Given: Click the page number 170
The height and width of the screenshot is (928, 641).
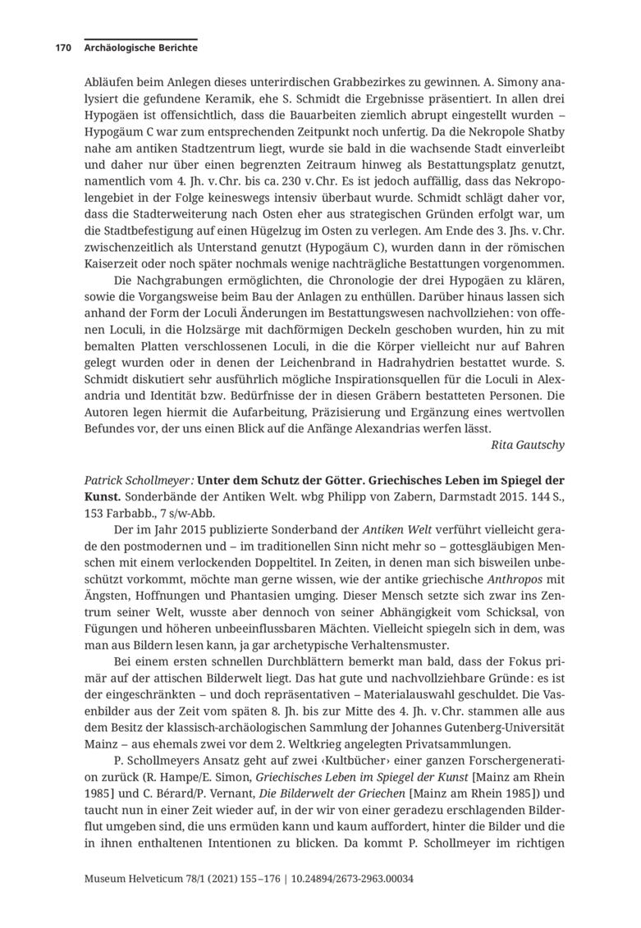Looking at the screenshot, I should pos(63,48).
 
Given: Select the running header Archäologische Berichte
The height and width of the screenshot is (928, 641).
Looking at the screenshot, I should pos(140,48).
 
